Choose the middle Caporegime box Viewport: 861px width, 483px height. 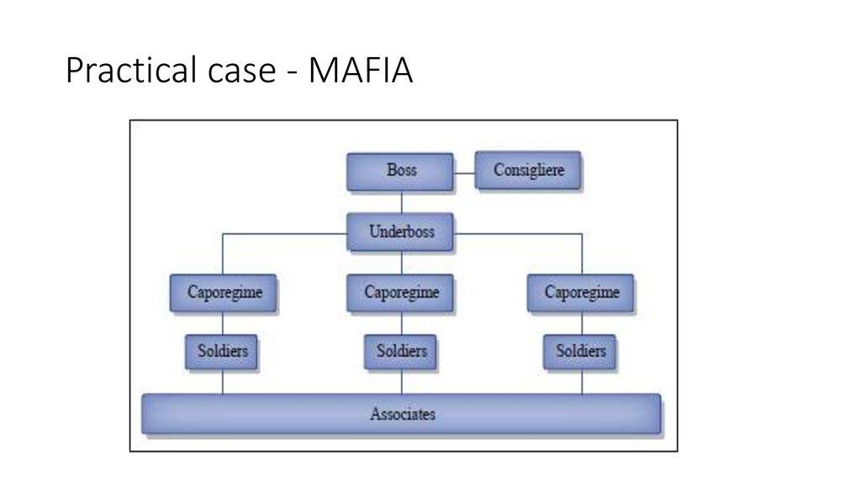click(401, 293)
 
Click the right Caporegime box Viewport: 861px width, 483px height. click(581, 293)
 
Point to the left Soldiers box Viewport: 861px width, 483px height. click(222, 351)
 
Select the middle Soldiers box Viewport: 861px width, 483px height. click(401, 351)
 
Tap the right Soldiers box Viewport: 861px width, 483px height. click(581, 351)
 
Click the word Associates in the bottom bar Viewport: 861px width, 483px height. click(403, 414)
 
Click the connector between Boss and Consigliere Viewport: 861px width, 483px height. click(464, 173)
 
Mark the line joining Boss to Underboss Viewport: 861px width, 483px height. click(401, 202)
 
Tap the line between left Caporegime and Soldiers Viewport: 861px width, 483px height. click(222, 323)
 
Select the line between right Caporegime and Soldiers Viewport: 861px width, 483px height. click(582, 323)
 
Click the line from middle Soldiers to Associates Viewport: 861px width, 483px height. click(401, 381)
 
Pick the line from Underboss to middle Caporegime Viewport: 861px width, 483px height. click(401, 263)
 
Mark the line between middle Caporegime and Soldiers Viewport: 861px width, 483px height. click(401, 323)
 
